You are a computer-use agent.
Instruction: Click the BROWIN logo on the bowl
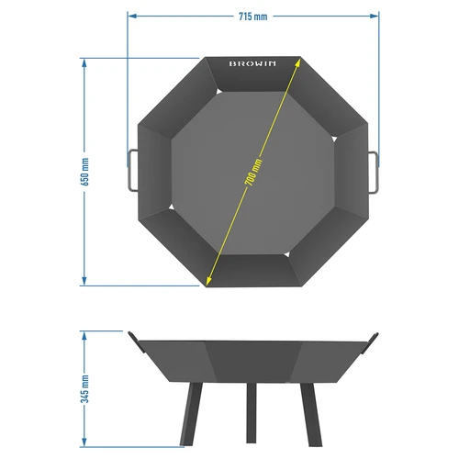[x=253, y=65]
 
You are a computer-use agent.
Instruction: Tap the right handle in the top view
[x=375, y=171]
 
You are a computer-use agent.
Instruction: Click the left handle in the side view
[x=136, y=341]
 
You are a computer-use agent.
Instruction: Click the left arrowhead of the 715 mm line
[x=130, y=16]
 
